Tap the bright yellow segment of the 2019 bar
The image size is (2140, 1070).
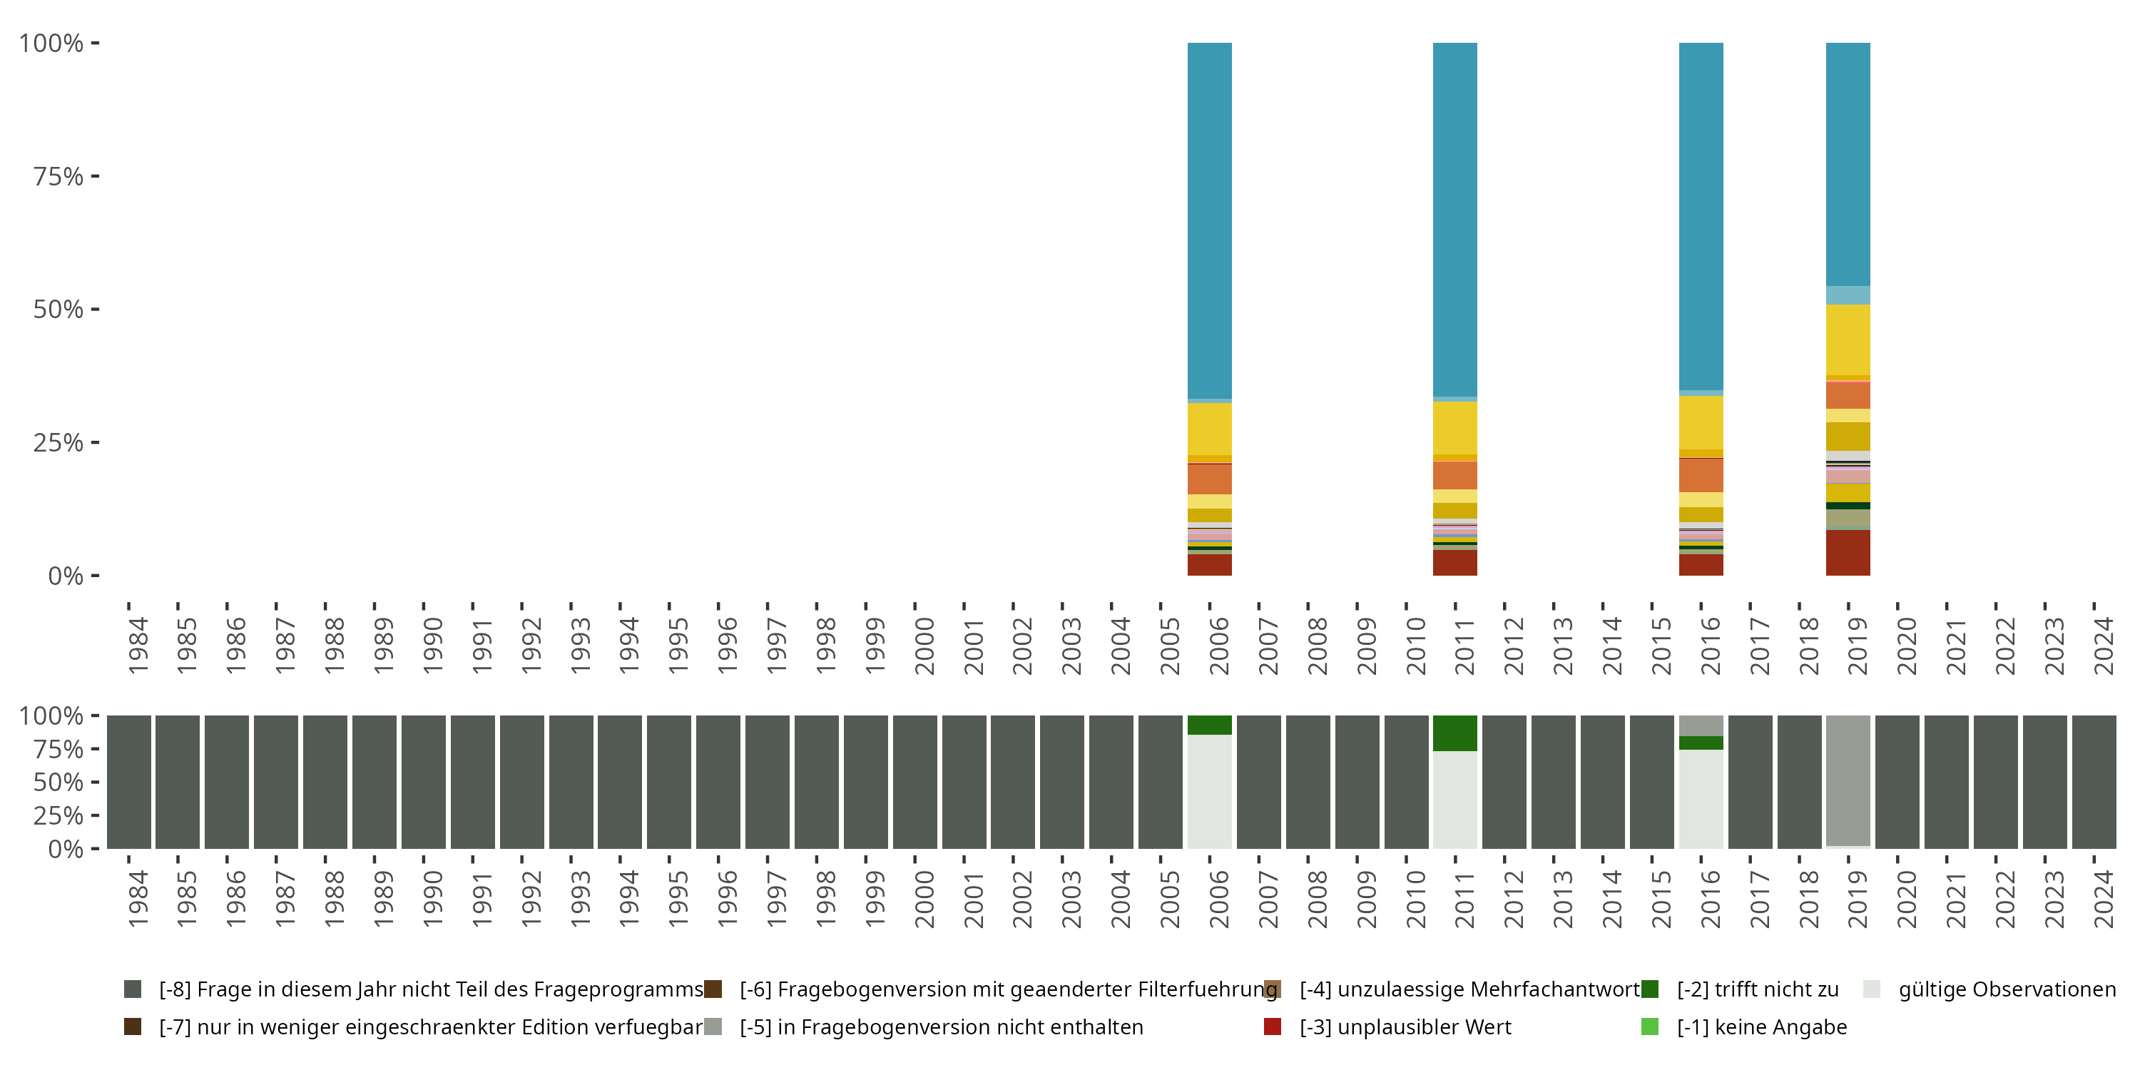[1848, 340]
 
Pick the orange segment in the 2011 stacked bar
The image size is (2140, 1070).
[1454, 475]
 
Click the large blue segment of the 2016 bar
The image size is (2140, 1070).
[1701, 216]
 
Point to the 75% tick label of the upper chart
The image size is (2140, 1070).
[58, 176]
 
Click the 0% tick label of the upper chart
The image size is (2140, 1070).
[66, 576]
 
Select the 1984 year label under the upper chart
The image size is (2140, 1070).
[138, 646]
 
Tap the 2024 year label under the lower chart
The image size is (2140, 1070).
[2104, 899]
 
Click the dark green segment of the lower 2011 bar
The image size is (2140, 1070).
[1454, 733]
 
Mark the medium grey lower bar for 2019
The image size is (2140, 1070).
[1848, 780]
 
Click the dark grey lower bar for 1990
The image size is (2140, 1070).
[423, 782]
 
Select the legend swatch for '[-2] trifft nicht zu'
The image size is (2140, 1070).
[1650, 989]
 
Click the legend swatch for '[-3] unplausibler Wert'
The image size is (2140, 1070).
[1272, 1026]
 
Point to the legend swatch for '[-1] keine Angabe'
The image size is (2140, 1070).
[1650, 1026]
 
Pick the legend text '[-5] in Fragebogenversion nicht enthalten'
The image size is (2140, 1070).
[941, 1026]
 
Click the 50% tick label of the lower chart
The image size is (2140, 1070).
[58, 782]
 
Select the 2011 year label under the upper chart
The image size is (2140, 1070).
[1464, 646]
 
